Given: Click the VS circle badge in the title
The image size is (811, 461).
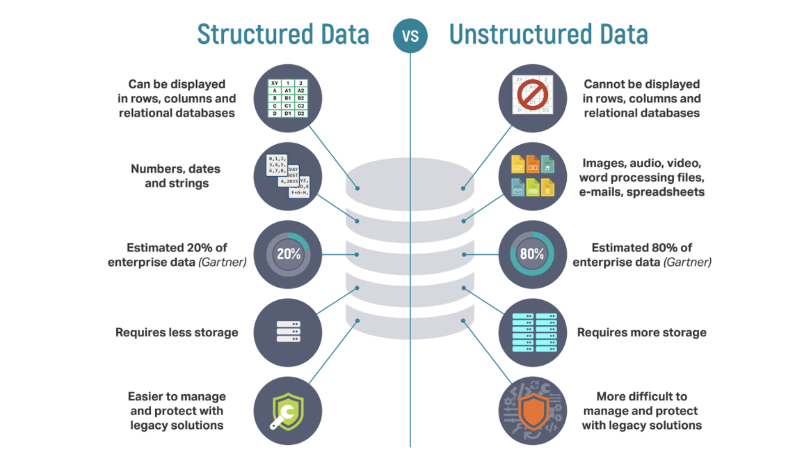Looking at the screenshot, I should point(410,35).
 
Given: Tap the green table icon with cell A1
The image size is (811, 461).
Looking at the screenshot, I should point(288,98).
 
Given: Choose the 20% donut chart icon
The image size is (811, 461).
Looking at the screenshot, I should point(288,254).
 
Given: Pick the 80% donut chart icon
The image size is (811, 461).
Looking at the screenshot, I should point(533,254).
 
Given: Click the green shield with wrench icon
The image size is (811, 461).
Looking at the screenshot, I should point(288,411).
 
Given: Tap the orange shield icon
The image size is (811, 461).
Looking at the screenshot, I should point(533,411).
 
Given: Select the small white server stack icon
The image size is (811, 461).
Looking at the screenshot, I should point(288,332).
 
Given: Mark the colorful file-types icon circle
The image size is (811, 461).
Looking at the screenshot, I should point(533,176).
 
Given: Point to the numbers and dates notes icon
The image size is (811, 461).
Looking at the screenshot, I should point(288,176).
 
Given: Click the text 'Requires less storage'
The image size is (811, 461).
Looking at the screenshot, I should point(177,333).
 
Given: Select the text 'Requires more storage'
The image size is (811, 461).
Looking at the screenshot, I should point(641,333).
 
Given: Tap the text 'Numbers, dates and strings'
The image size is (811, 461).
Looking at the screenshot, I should point(176,176).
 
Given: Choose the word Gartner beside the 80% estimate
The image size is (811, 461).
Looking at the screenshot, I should point(687,263).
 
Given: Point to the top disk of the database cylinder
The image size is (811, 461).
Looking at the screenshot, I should point(410,178).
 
